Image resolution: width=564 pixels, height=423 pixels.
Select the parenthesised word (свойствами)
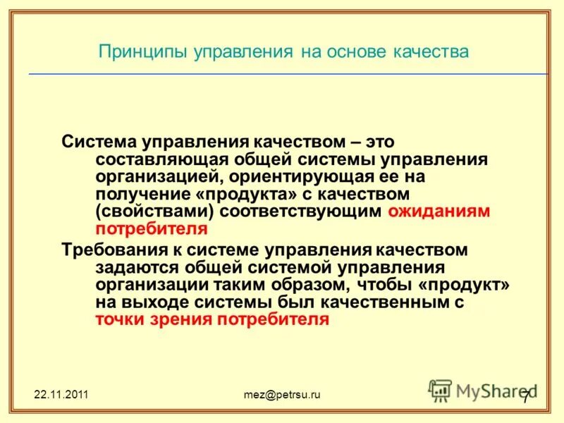click(x=154, y=211)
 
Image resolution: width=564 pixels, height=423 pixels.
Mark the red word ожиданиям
click(x=439, y=211)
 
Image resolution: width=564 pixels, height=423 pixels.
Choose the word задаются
click(x=135, y=267)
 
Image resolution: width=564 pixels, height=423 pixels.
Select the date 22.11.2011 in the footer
click(x=61, y=394)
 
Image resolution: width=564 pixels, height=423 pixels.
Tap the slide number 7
click(x=525, y=396)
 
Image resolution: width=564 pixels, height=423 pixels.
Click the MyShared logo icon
click(x=441, y=391)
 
